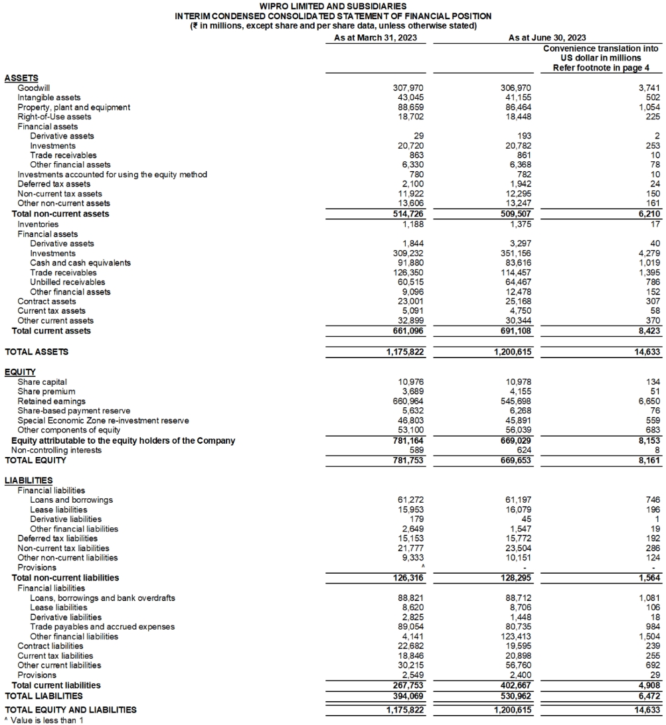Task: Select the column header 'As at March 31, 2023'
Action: pyautogui.click(x=375, y=38)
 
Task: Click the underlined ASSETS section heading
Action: pyautogui.click(x=21, y=78)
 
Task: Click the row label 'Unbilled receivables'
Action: pyautogui.click(x=68, y=282)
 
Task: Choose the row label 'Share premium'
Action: pyautogui.click(x=46, y=391)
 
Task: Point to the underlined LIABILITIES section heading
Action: pyautogui.click(x=29, y=480)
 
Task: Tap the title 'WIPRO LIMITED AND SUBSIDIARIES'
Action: pyautogui.click(x=333, y=6)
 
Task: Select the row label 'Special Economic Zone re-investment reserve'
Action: pyautogui.click(x=103, y=421)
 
